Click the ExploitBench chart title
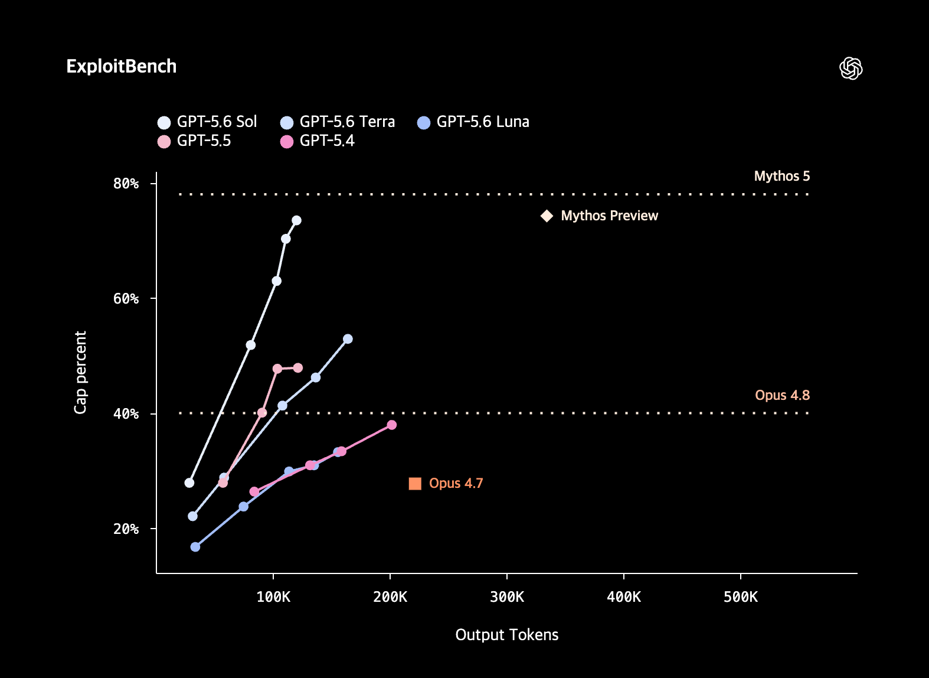click(x=122, y=66)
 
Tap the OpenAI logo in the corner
click(x=851, y=68)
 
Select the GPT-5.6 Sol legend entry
click(x=207, y=122)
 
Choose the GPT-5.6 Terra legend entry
click(x=338, y=122)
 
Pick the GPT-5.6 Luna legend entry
click(x=473, y=122)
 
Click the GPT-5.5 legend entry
click(x=194, y=141)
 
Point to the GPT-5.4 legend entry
click(x=318, y=141)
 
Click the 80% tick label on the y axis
click(x=126, y=184)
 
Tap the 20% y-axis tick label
click(x=126, y=529)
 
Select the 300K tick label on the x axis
click(x=507, y=597)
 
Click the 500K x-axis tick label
click(x=741, y=597)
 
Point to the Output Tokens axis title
click(x=507, y=635)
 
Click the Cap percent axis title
click(x=80, y=372)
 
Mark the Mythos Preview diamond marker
click(x=547, y=216)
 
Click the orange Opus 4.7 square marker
click(x=415, y=483)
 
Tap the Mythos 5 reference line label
click(x=782, y=176)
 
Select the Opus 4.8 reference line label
click(x=782, y=395)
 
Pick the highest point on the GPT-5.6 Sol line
click(x=296, y=220)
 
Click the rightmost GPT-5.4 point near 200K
click(x=391, y=425)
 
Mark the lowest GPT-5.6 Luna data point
click(x=195, y=546)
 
